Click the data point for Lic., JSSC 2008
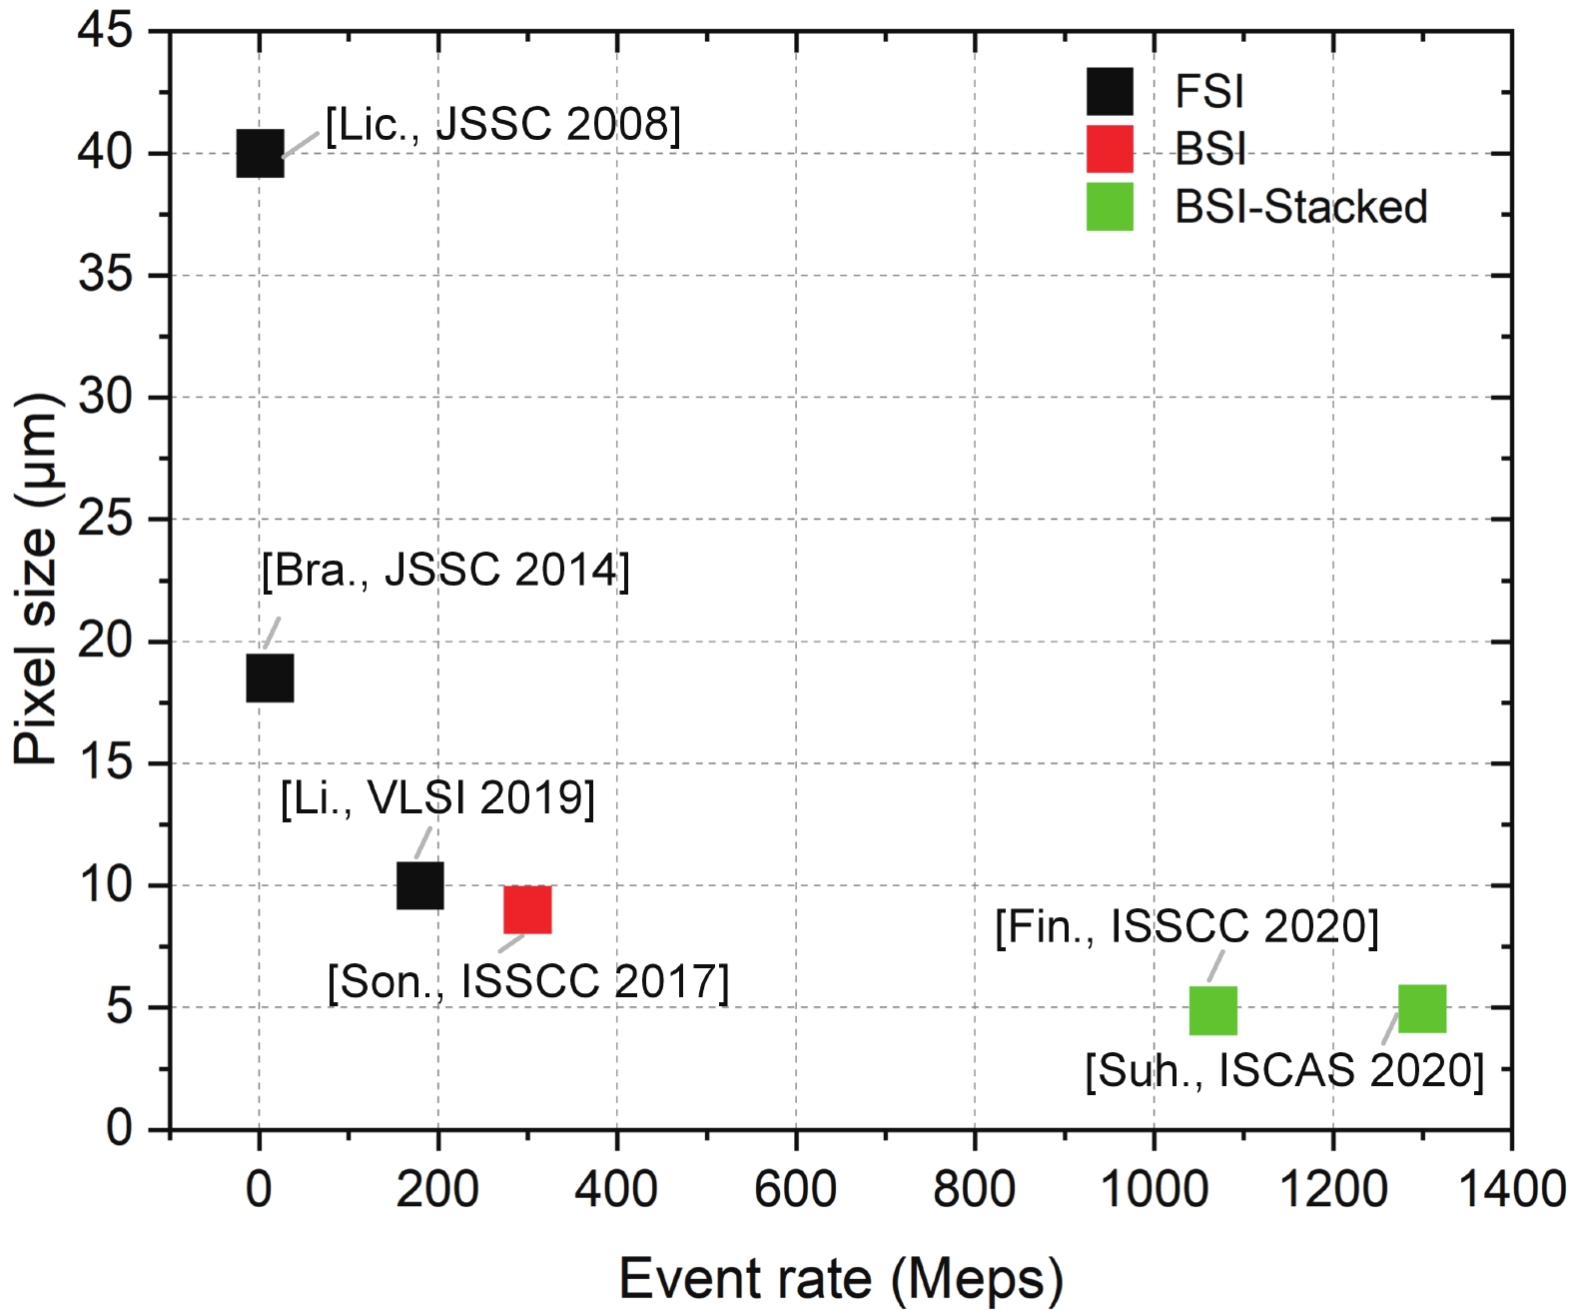[x=260, y=154]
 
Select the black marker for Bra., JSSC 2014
[x=270, y=678]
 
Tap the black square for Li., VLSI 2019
[x=420, y=885]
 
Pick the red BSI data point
[x=527, y=909]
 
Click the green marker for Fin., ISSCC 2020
[x=1213, y=1010]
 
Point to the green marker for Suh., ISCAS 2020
[x=1422, y=1008]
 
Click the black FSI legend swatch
[x=1110, y=92]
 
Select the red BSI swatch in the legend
[x=1110, y=149]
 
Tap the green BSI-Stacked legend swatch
[x=1110, y=207]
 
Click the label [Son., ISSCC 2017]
[x=528, y=982]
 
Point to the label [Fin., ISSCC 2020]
[x=1186, y=927]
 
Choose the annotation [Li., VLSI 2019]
[x=437, y=798]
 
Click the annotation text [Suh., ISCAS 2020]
[x=1284, y=1071]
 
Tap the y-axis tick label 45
[x=105, y=31]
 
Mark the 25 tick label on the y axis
[x=105, y=520]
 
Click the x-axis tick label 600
[x=795, y=1189]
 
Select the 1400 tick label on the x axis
[x=1511, y=1189]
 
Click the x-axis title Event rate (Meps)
[x=841, y=1279]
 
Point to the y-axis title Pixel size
[x=37, y=580]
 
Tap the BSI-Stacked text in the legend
[x=1300, y=208]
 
